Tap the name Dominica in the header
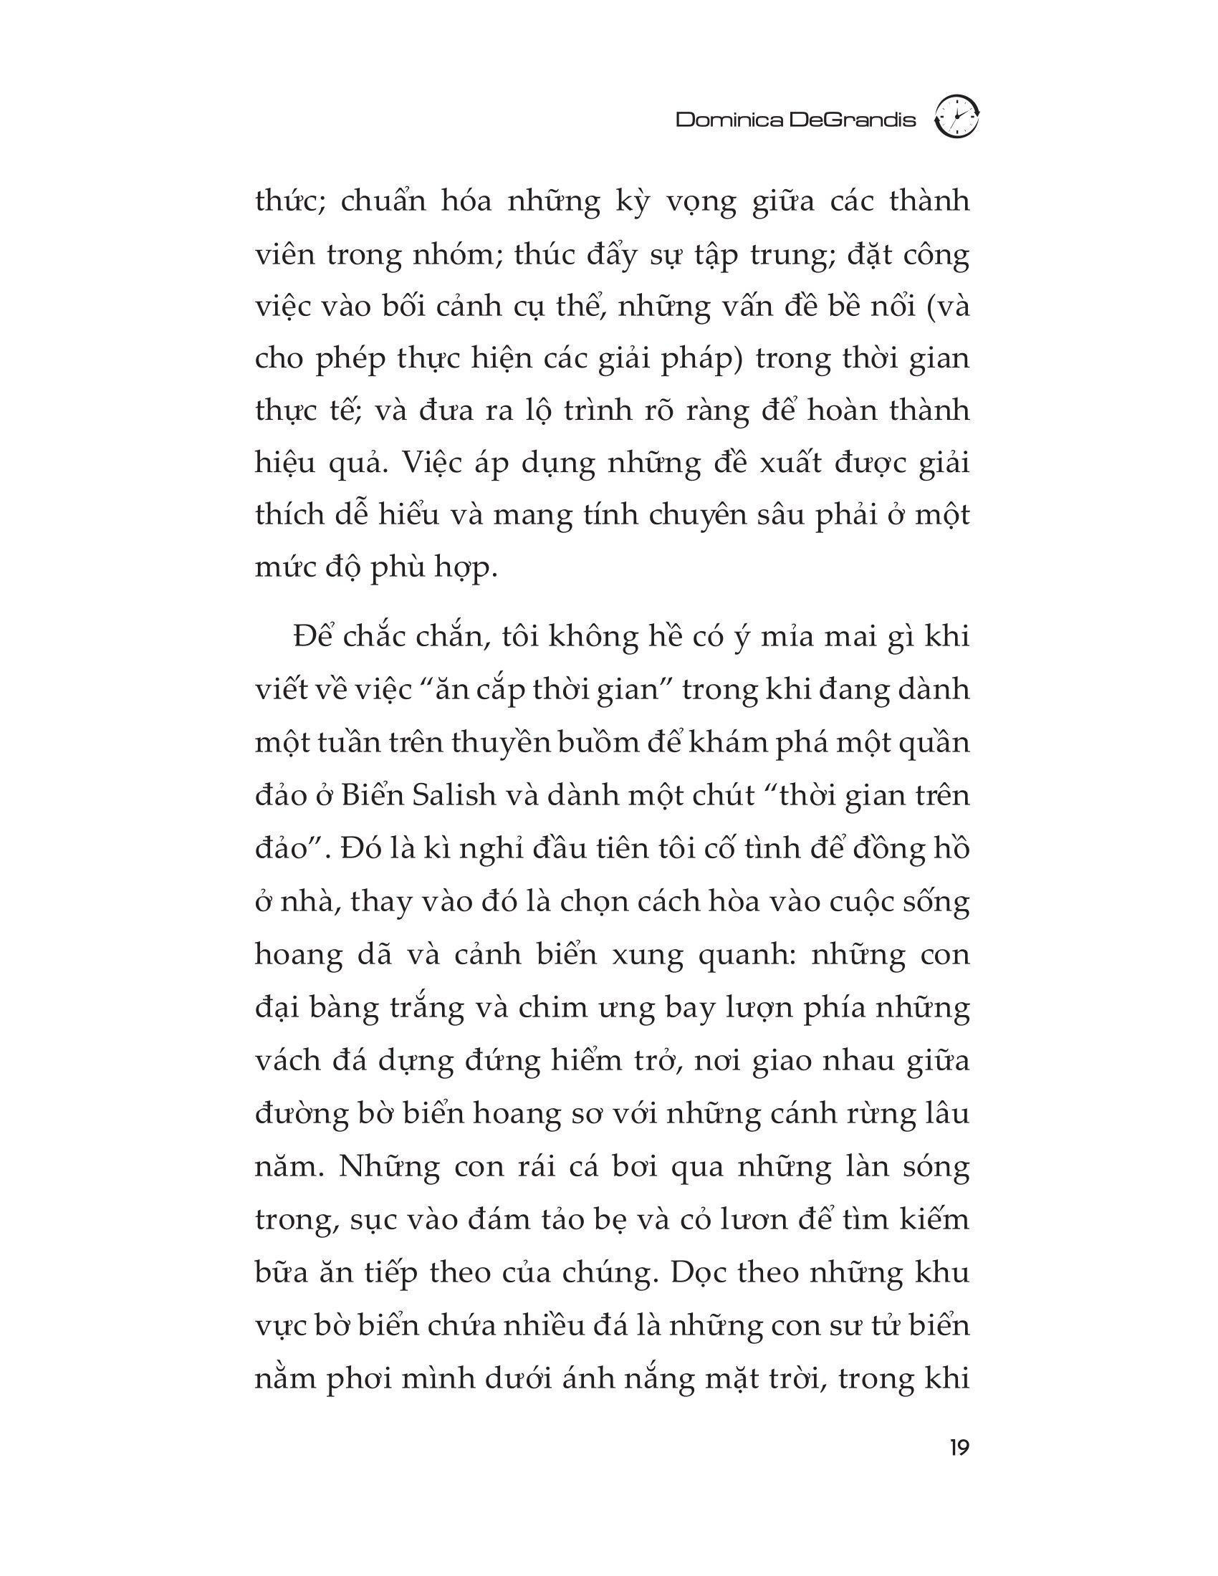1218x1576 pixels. click(729, 120)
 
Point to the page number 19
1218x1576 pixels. click(959, 1448)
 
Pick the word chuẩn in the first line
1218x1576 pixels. click(382, 201)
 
